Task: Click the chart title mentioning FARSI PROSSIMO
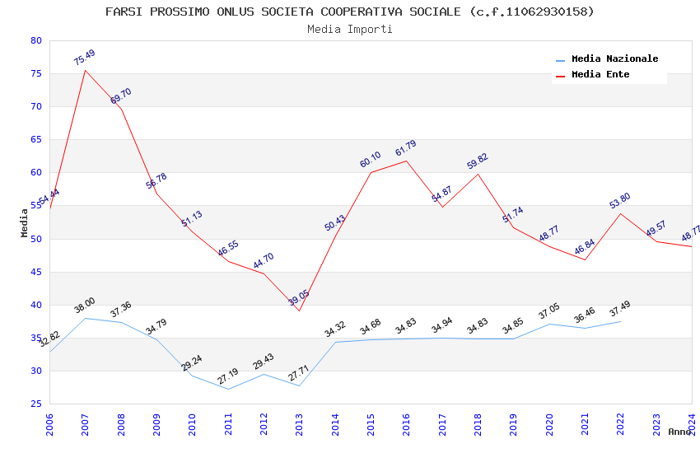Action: point(350,12)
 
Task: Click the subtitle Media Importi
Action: point(350,29)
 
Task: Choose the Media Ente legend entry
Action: point(600,75)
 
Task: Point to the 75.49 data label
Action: point(84,58)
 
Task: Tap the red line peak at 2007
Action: point(85,70)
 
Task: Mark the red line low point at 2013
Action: point(299,311)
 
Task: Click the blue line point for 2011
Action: point(228,389)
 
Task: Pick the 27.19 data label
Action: point(227,377)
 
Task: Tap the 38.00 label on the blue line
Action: point(84,306)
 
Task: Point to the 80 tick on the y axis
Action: point(35,40)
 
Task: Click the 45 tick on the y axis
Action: point(35,272)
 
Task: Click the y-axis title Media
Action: point(24,222)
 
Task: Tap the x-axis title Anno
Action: point(679,432)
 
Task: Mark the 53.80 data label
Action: point(619,201)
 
